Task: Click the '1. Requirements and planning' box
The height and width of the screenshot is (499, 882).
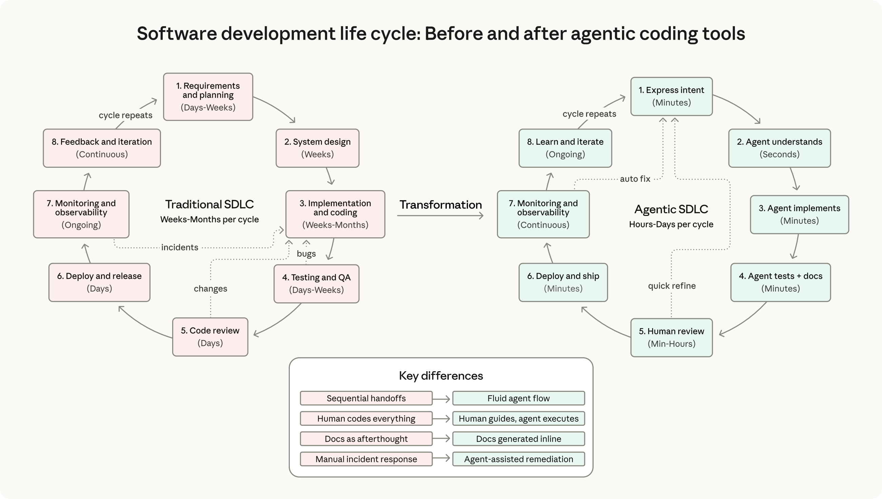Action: pos(208,97)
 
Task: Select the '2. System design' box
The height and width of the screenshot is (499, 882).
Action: pos(317,148)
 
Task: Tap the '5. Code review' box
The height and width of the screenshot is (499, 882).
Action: pos(210,337)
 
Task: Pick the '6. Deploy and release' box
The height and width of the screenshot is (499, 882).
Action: pos(99,282)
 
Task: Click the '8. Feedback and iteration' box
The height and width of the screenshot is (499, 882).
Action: pos(102,148)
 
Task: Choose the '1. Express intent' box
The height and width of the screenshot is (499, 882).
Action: pos(671,96)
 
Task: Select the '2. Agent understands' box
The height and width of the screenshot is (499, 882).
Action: pos(779,148)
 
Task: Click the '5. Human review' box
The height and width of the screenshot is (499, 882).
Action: pos(671,338)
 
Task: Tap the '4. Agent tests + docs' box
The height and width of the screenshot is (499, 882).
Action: pos(780,282)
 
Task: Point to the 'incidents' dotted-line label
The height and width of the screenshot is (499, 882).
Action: pos(180,247)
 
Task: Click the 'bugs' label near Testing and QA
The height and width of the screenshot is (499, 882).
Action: pos(306,254)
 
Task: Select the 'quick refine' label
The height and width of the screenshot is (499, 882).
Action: pos(671,286)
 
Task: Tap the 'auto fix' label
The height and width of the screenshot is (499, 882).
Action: pos(635,179)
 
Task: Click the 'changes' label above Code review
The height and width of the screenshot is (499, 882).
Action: pos(211,288)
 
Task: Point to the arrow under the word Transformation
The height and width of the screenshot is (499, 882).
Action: pos(440,216)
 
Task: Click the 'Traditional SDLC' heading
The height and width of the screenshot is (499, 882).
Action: pos(209,204)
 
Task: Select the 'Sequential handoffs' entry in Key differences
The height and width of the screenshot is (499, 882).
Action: pos(366,398)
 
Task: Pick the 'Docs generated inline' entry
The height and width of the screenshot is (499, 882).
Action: pos(518,439)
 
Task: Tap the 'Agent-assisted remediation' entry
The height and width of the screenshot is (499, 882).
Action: pos(518,459)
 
